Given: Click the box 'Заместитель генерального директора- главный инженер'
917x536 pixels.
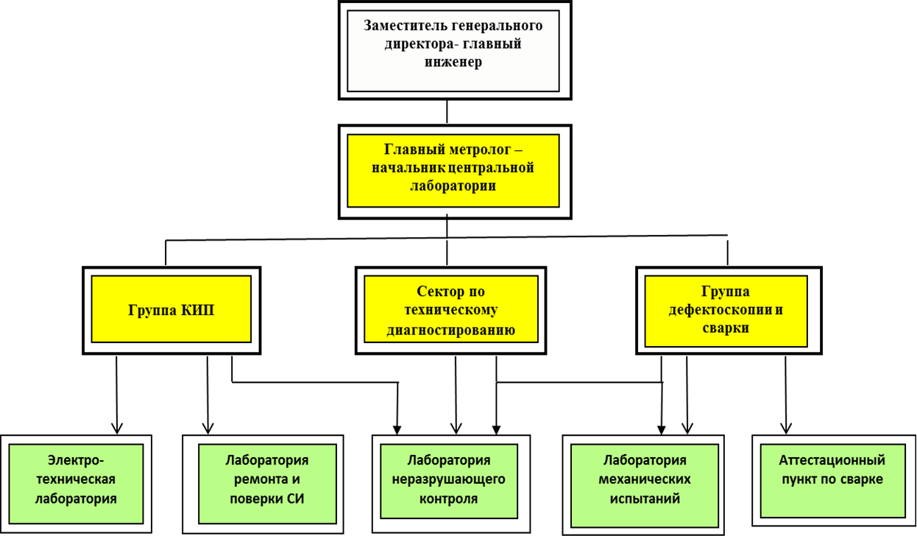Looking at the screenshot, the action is tap(455, 50).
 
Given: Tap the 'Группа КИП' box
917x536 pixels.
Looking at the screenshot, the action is tap(171, 311).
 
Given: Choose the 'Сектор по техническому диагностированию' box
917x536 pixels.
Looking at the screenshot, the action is tap(450, 311).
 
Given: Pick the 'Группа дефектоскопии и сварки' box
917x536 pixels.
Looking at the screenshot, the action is tap(729, 311).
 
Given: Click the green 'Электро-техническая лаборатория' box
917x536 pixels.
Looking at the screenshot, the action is tap(76, 484).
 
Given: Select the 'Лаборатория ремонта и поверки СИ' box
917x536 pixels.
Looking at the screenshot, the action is tap(263, 484).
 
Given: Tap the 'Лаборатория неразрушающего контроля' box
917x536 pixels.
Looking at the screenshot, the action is tap(451, 483).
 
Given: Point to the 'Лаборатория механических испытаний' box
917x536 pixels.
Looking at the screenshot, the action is tap(643, 484).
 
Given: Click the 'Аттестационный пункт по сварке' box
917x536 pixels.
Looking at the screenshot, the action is tap(834, 480).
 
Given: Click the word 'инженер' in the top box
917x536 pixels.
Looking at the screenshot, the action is tap(453, 63).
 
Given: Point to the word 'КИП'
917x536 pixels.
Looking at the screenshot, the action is tap(198, 310).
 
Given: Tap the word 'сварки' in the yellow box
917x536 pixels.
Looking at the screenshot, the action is tap(726, 328).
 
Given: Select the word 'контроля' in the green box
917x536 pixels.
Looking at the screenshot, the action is tap(449, 498).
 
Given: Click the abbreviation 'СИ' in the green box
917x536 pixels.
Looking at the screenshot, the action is tap(295, 498).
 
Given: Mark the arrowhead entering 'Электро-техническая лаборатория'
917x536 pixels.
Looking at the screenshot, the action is tap(117, 429).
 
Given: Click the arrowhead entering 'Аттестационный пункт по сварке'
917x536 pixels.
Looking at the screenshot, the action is tap(785, 429).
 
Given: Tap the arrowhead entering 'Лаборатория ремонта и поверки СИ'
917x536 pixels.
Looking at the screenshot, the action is tap(208, 429).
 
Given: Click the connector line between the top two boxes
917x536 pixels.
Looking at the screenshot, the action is tap(447, 111).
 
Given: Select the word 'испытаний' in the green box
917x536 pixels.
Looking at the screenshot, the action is tap(645, 498).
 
